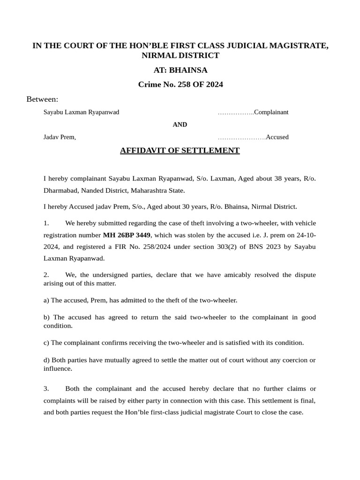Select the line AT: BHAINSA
pyautogui.click(x=180, y=70)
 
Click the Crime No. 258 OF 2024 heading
pyautogui.click(x=180, y=84)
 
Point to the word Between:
pyautogui.click(x=42, y=99)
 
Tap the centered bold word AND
pyautogui.click(x=180, y=125)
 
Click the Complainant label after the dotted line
pyautogui.click(x=271, y=112)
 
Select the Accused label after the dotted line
pyautogui.click(x=277, y=137)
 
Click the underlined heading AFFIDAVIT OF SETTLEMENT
pyautogui.click(x=180, y=150)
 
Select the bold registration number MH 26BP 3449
pyautogui.click(x=127, y=234)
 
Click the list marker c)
pyautogui.click(x=46, y=343)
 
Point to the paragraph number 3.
pyautogui.click(x=46, y=389)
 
